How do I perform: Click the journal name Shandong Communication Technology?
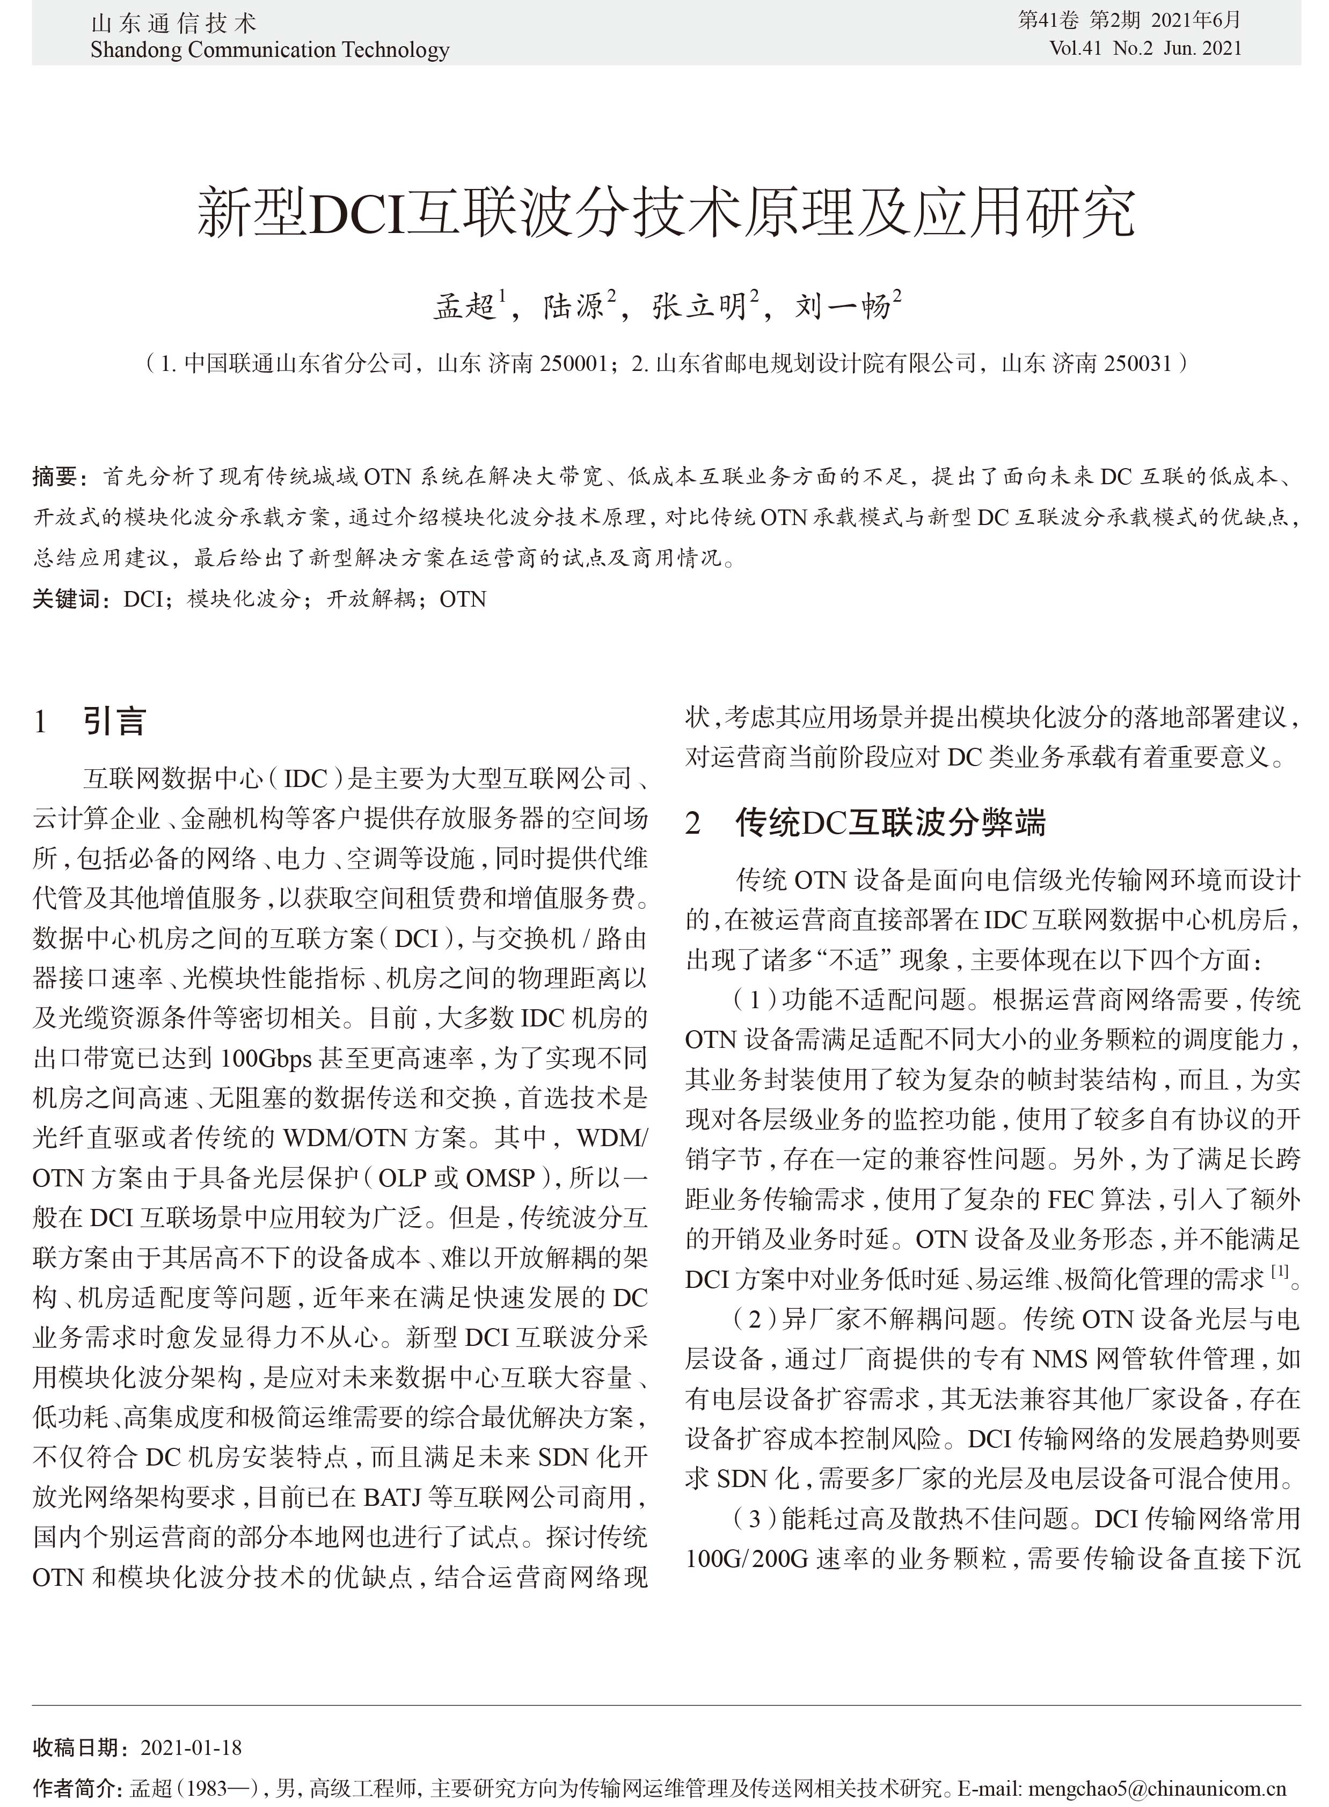click(269, 50)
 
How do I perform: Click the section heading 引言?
click(114, 721)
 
